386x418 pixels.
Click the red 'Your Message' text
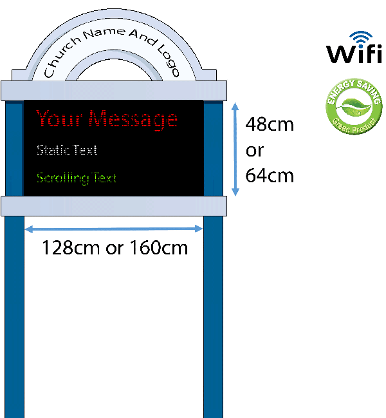pos(107,119)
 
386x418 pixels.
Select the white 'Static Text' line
pos(67,150)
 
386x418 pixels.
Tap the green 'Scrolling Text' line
pos(77,177)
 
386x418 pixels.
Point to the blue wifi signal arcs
pos(362,37)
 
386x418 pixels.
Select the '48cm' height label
pos(270,124)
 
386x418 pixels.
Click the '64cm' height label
pos(270,175)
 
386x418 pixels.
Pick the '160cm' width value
pos(158,247)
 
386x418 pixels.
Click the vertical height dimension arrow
pos(235,147)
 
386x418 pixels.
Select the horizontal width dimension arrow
pos(114,227)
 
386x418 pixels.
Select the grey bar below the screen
pos(115,206)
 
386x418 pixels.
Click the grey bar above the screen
pos(115,90)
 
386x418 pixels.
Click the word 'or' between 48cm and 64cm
pos(255,149)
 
